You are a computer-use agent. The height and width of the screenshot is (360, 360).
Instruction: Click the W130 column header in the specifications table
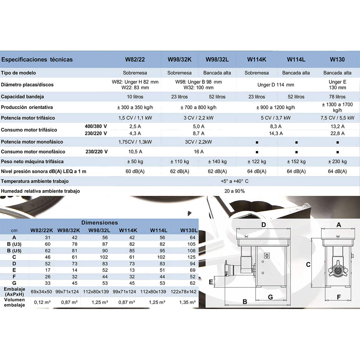[x=337, y=59]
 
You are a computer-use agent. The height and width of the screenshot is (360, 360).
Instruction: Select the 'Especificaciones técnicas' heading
[x=37, y=59]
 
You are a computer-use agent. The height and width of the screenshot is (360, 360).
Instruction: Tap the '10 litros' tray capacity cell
[x=135, y=97]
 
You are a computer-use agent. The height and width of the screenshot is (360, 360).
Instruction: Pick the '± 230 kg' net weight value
[x=337, y=161]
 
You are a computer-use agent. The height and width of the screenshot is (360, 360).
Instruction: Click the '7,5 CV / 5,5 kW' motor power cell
[x=337, y=118]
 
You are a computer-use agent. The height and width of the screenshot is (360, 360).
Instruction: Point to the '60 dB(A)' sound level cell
[x=135, y=171]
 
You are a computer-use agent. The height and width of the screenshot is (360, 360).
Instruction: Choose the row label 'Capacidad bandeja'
[x=22, y=97]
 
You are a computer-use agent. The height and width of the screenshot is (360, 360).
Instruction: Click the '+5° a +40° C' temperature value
[x=235, y=181]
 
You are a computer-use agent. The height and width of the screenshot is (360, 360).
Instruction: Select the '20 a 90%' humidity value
[x=235, y=191]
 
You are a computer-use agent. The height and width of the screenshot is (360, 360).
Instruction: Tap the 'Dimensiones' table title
[x=100, y=223]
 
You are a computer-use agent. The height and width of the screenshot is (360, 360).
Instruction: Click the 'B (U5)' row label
[x=14, y=250]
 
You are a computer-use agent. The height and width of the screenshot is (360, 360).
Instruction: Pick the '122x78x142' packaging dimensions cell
[x=184, y=292]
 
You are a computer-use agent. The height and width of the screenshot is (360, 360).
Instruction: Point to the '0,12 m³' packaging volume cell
[x=42, y=302]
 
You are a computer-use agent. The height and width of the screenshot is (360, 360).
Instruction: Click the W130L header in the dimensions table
[x=189, y=230]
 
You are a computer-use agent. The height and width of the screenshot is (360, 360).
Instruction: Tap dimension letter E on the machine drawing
[x=211, y=282]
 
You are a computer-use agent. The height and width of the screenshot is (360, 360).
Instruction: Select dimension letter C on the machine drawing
[x=308, y=265]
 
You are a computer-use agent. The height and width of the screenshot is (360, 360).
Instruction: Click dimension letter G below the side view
[x=270, y=297]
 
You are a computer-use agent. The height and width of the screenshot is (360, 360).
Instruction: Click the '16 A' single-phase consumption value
[x=199, y=151]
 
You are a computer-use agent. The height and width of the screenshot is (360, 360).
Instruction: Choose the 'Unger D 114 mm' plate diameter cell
[x=276, y=85]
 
